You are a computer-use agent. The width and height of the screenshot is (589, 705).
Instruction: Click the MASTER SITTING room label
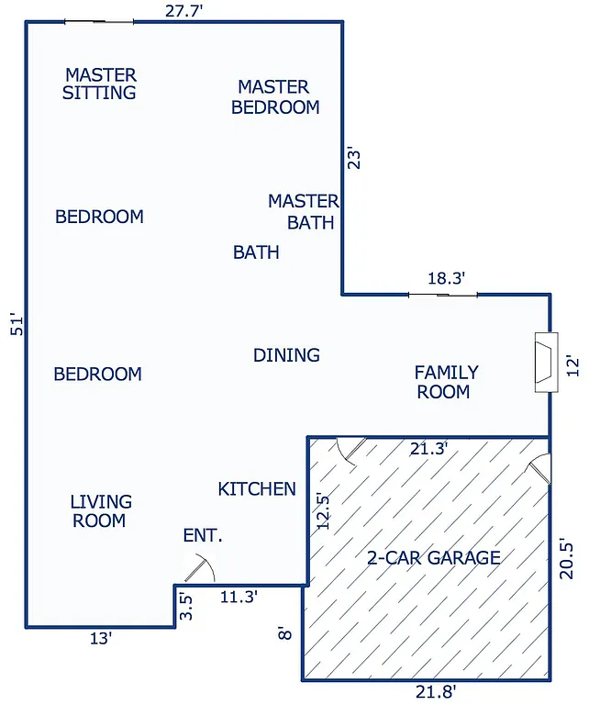100,84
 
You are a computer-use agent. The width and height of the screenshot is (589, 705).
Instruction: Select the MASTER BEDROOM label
274,96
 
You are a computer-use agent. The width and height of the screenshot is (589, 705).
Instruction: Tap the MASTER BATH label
304,211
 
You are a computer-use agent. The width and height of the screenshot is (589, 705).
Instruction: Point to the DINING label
286,355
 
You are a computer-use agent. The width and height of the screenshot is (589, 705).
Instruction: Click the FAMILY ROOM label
446,382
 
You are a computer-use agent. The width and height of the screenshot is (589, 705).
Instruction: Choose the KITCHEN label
257,489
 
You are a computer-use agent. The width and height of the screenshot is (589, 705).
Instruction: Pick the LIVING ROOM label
100,511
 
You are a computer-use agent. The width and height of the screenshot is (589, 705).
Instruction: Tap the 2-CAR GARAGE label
433,557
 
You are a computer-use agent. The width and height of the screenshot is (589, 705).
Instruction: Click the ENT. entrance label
203,536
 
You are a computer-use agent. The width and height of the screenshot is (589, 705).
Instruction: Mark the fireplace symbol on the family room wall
546,360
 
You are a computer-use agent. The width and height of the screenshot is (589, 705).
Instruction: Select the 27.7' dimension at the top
183,11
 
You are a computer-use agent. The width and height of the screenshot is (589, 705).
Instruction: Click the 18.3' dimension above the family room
447,278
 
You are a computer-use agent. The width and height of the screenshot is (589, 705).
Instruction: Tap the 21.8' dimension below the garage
437,691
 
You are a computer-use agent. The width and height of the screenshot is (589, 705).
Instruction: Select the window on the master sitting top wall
99,21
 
